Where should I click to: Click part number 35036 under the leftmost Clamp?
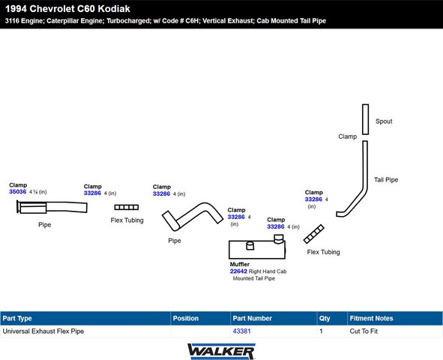[17, 192]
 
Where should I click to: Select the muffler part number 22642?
[238, 271]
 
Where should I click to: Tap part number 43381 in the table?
[241, 331]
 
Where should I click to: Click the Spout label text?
[384, 121]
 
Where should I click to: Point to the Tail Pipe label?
[386, 180]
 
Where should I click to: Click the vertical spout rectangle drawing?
[365, 119]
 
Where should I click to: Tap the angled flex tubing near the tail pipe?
[313, 234]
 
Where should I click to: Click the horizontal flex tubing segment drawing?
[126, 207]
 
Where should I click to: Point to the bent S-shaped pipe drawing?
[193, 216]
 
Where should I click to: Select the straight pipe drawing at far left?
[52, 207]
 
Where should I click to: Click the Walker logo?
[221, 352]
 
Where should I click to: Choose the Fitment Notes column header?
[371, 319]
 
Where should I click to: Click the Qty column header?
[325, 319]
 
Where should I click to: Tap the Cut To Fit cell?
[364, 331]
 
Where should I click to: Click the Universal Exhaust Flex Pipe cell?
[43, 331]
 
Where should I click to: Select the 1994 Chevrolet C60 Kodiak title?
[67, 9]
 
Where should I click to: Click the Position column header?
[186, 319]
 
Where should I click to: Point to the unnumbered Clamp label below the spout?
[348, 136]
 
